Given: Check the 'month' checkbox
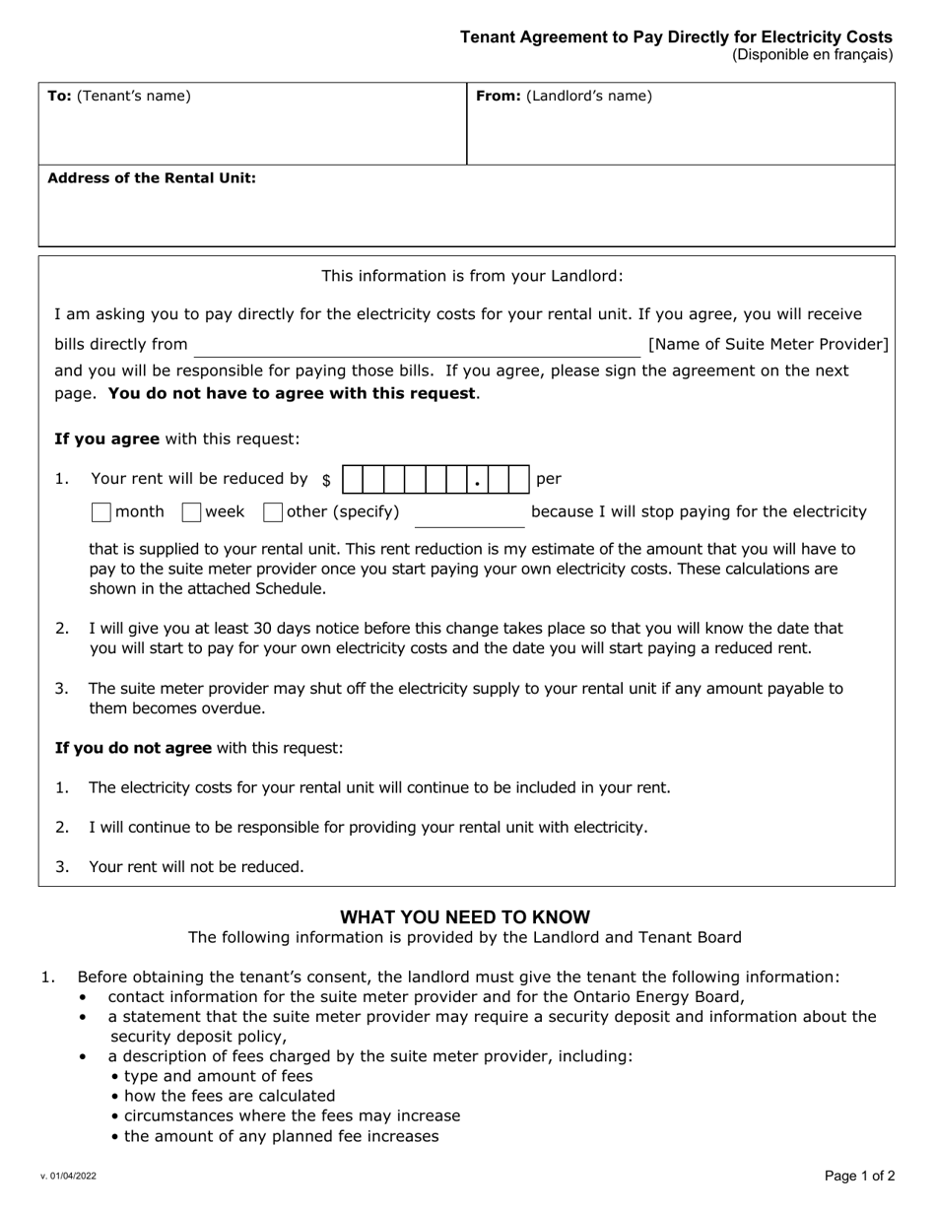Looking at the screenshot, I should (x=100, y=512).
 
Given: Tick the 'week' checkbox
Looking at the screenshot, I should (x=191, y=512).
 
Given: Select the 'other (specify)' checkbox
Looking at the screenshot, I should (x=273, y=512).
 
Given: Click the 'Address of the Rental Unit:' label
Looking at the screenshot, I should (x=152, y=178).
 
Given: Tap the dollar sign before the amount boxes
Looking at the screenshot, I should (x=326, y=481).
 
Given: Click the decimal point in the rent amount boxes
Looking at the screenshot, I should (x=477, y=483).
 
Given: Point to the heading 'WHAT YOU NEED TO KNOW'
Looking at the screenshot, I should (x=465, y=917).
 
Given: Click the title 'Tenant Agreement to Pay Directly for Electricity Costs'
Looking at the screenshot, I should (x=676, y=37).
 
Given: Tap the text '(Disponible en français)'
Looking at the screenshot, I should (x=812, y=55).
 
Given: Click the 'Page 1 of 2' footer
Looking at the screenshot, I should (x=859, y=1175).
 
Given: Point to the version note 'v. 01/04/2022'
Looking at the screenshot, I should (x=68, y=1177).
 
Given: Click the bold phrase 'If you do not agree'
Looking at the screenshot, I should (x=133, y=748).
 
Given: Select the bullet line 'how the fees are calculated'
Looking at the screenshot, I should (x=229, y=1096).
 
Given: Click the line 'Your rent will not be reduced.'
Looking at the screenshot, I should (x=196, y=867).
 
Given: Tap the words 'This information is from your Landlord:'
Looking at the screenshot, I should (x=472, y=276).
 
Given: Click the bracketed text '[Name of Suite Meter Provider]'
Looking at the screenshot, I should (x=768, y=344).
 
